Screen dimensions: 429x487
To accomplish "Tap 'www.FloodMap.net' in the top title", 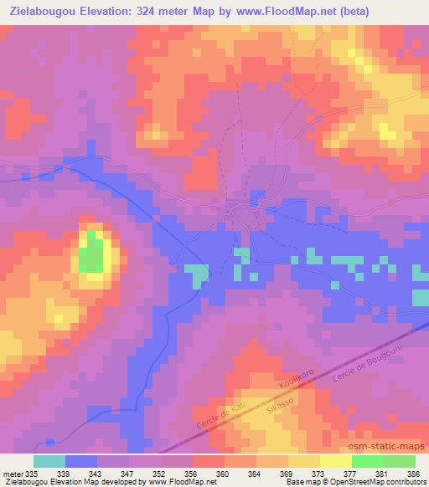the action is pos(272,11).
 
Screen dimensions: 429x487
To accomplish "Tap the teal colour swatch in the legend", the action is pos(49,462).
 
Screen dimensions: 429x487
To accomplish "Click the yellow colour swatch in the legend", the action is pos(335,462).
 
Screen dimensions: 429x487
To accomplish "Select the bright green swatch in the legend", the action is pos(367,462).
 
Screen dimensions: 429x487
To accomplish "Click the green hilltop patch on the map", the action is pos(93,253).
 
